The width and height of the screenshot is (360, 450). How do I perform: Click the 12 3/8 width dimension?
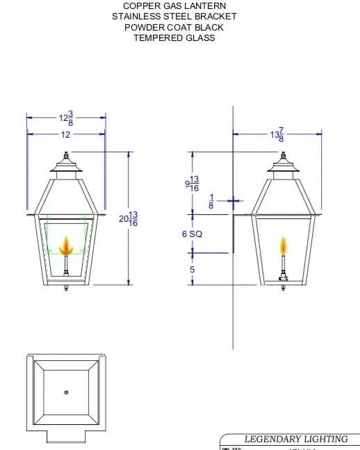[66, 118]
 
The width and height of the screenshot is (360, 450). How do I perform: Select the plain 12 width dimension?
[65, 135]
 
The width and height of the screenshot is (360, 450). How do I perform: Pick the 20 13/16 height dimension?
[129, 218]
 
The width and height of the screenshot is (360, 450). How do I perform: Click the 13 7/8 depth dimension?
[277, 135]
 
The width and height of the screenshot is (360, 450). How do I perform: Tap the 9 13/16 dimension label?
[193, 184]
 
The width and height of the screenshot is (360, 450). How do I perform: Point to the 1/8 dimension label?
[211, 202]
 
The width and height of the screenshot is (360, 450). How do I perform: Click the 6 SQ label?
[192, 234]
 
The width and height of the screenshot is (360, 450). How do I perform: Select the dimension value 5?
[192, 269]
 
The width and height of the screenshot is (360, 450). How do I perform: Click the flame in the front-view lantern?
[67, 246]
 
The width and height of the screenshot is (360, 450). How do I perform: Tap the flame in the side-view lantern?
[283, 246]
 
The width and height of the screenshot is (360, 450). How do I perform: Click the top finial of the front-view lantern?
[67, 156]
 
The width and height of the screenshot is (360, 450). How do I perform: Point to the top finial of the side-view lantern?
[283, 156]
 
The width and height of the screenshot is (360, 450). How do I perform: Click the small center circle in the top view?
[67, 393]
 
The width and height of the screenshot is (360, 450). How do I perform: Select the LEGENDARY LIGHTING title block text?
[295, 439]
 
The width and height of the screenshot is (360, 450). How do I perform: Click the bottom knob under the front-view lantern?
[67, 288]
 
